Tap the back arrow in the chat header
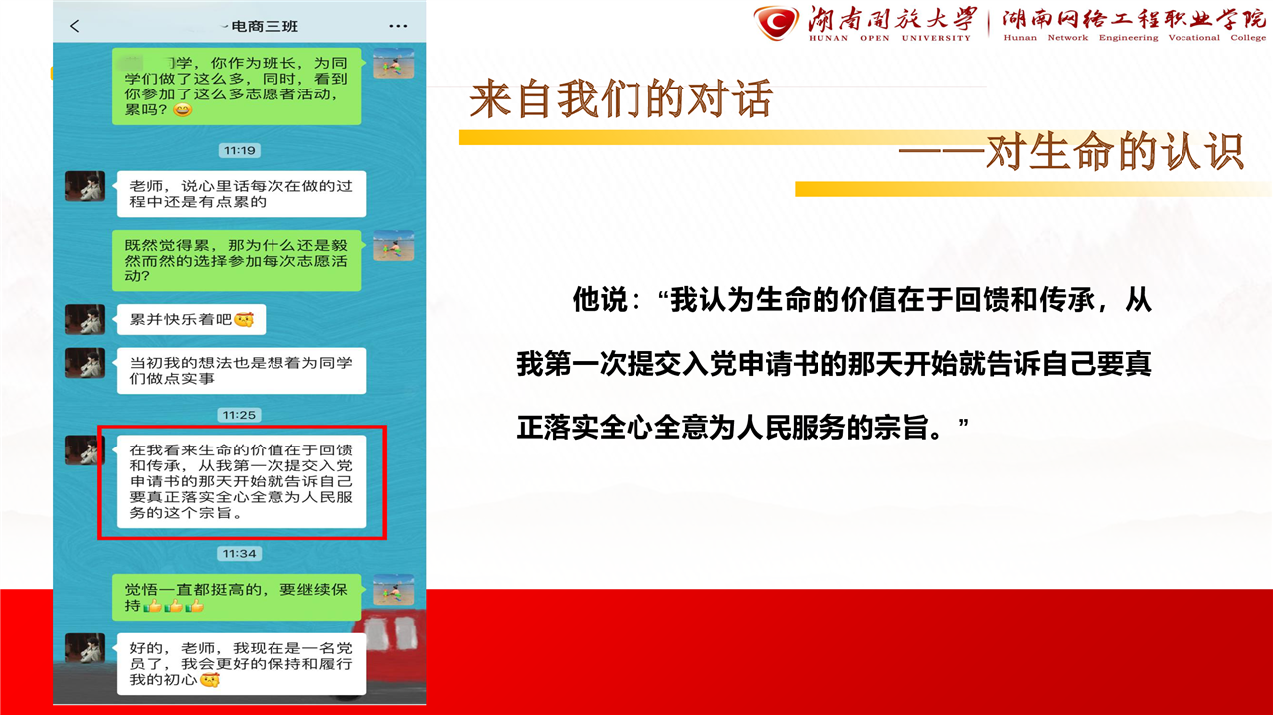pyautogui.click(x=74, y=26)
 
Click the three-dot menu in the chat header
pyautogui.click(x=398, y=26)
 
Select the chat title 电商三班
pyautogui.click(x=265, y=26)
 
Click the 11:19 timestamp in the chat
pyautogui.click(x=240, y=150)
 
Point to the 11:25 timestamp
pyautogui.click(x=240, y=415)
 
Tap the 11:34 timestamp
pyautogui.click(x=240, y=554)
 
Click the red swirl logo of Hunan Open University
pyautogui.click(x=776, y=23)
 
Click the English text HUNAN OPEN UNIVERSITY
pyautogui.click(x=889, y=38)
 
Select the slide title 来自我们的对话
pyautogui.click(x=622, y=99)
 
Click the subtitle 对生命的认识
pyautogui.click(x=1114, y=152)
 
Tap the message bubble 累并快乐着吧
pyautogui.click(x=192, y=319)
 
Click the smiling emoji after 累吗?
pyautogui.click(x=182, y=109)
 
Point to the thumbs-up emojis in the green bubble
pyautogui.click(x=173, y=606)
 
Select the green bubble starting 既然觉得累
pyautogui.click(x=237, y=261)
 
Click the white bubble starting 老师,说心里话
pyautogui.click(x=242, y=194)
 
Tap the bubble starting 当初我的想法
pyautogui.click(x=242, y=371)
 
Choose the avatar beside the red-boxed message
pyautogui.click(x=85, y=450)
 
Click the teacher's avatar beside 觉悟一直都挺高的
pyautogui.click(x=393, y=590)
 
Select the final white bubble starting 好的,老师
pyautogui.click(x=242, y=664)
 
